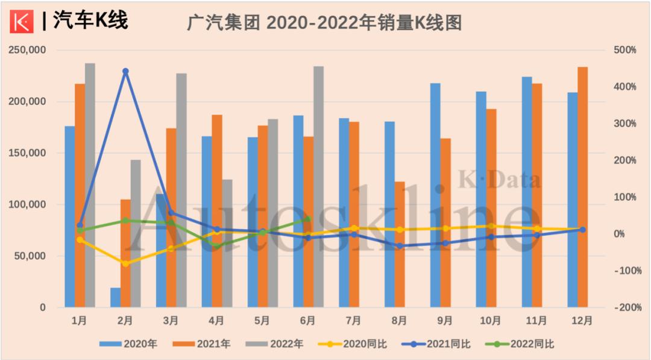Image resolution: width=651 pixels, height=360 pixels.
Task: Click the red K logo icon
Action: click(x=23, y=22)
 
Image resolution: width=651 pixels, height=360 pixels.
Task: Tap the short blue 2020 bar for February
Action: click(x=115, y=297)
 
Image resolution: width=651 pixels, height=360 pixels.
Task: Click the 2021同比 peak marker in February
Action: click(x=125, y=71)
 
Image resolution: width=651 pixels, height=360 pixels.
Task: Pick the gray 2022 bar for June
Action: click(x=318, y=186)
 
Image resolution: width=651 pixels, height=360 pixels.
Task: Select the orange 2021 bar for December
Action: click(x=583, y=187)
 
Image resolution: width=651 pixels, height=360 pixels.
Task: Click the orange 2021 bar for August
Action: click(x=400, y=244)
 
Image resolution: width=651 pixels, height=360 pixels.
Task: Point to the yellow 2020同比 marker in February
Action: click(x=125, y=264)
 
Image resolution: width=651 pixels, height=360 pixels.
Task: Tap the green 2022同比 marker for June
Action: click(x=308, y=219)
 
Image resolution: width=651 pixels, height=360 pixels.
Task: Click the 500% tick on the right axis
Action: click(x=625, y=50)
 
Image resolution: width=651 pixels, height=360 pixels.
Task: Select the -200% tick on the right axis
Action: click(x=625, y=308)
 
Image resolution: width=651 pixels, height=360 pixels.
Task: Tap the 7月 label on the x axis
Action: click(x=354, y=321)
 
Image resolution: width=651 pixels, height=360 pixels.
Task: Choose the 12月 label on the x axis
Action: click(x=582, y=321)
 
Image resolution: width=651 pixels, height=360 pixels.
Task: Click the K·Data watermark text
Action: click(x=500, y=180)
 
